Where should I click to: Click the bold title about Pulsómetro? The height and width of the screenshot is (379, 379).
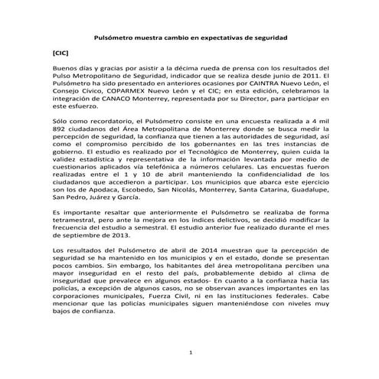click(190, 37)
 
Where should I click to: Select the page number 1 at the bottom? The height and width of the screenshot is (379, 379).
click(190, 351)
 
